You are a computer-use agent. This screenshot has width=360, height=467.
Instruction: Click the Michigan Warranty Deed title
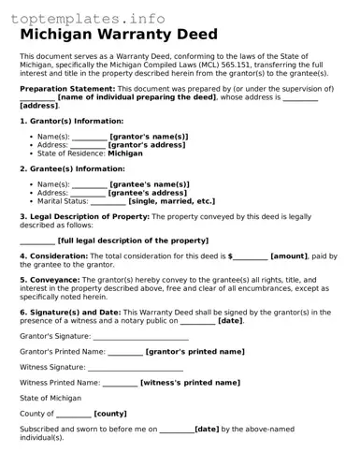[119, 35]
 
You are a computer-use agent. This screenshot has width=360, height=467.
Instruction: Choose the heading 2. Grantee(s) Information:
[73, 169]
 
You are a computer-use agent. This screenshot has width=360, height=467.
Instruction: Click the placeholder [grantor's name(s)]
[148, 137]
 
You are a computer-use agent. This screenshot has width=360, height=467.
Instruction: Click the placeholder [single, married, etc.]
[171, 201]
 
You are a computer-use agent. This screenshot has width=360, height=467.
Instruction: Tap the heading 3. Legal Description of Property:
[84, 216]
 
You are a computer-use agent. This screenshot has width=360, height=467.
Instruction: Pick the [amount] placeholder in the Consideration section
[289, 255]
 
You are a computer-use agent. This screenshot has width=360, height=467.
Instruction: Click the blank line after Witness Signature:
[141, 368]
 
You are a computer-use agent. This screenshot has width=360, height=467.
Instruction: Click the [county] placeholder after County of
[110, 414]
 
